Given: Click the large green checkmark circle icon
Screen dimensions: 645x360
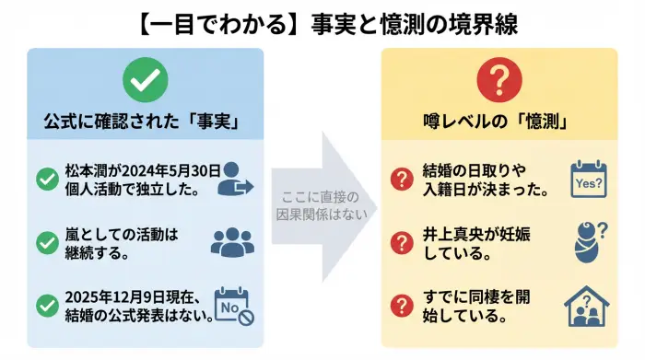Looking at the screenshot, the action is [x=144, y=81].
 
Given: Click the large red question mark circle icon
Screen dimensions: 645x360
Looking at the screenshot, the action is [x=498, y=81].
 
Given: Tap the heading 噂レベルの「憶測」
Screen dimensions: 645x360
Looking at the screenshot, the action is [x=498, y=121].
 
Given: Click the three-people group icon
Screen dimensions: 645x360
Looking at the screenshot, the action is [x=231, y=241].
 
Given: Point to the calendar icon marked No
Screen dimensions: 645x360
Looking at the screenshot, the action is [x=232, y=306].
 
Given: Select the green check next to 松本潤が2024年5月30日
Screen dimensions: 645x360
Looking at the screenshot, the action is [x=47, y=180].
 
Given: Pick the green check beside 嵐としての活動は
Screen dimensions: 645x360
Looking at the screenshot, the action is [x=47, y=242].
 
